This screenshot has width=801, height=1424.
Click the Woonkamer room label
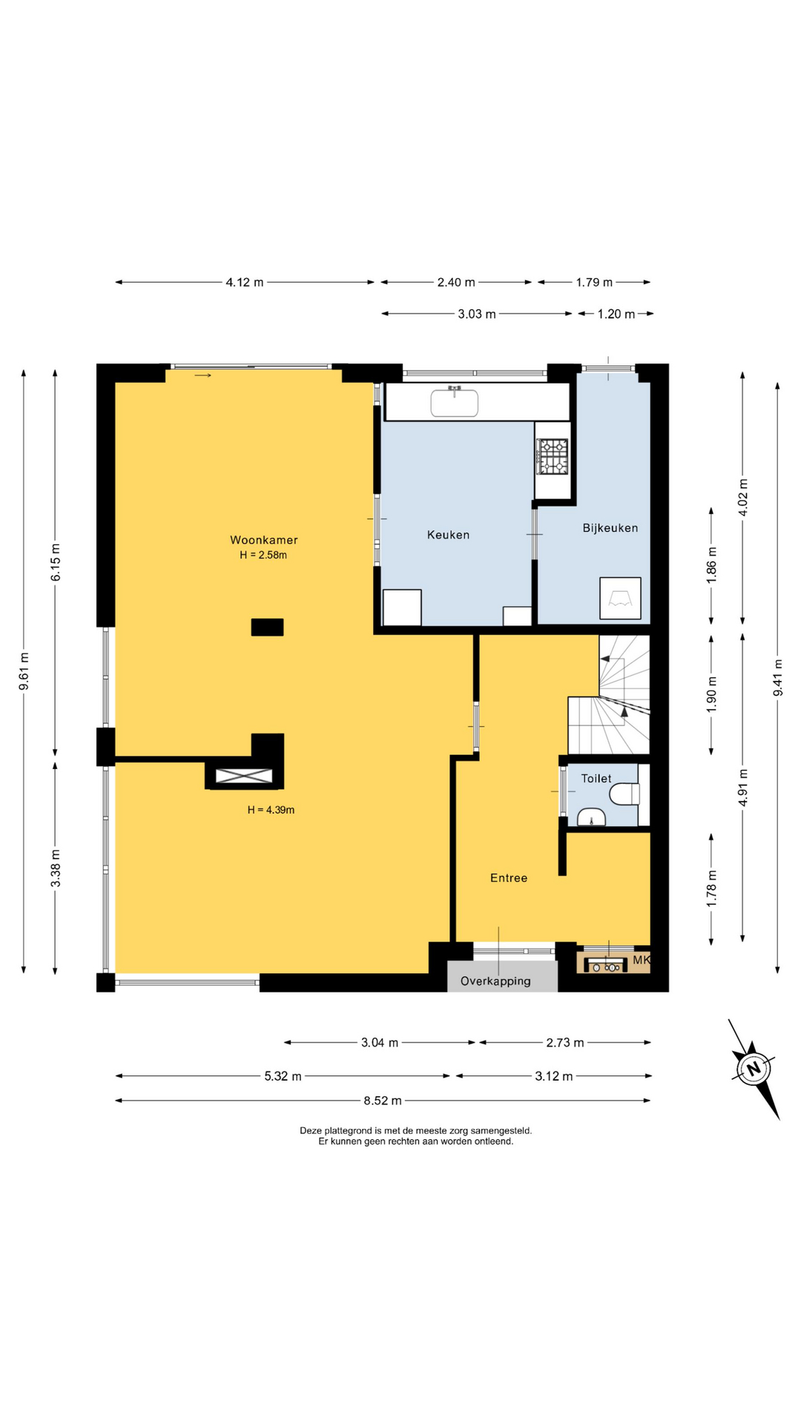click(263, 540)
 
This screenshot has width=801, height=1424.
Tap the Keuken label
click(448, 535)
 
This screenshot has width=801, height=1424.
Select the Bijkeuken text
click(610, 528)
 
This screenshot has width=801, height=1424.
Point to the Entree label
click(509, 878)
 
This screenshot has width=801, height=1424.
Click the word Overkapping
click(495, 981)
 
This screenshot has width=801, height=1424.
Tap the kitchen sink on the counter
click(455, 403)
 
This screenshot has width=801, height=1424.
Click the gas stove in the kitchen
click(553, 456)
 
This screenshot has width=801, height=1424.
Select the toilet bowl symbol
click(624, 795)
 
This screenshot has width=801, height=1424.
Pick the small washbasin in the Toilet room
click(591, 817)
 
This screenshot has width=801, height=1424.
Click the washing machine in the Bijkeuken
click(620, 598)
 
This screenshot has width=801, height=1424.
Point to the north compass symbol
click(754, 1069)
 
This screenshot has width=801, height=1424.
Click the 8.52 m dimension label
click(383, 1101)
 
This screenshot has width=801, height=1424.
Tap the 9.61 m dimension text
click(24, 671)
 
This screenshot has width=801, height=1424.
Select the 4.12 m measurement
click(245, 283)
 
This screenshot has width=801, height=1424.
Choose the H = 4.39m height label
click(271, 810)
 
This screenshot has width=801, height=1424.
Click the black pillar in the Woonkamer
click(267, 627)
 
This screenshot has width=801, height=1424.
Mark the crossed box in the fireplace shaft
click(244, 777)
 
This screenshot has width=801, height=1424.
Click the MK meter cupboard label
click(641, 960)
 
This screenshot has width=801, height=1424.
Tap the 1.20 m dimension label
click(616, 314)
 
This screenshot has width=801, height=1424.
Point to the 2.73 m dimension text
click(565, 1043)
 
